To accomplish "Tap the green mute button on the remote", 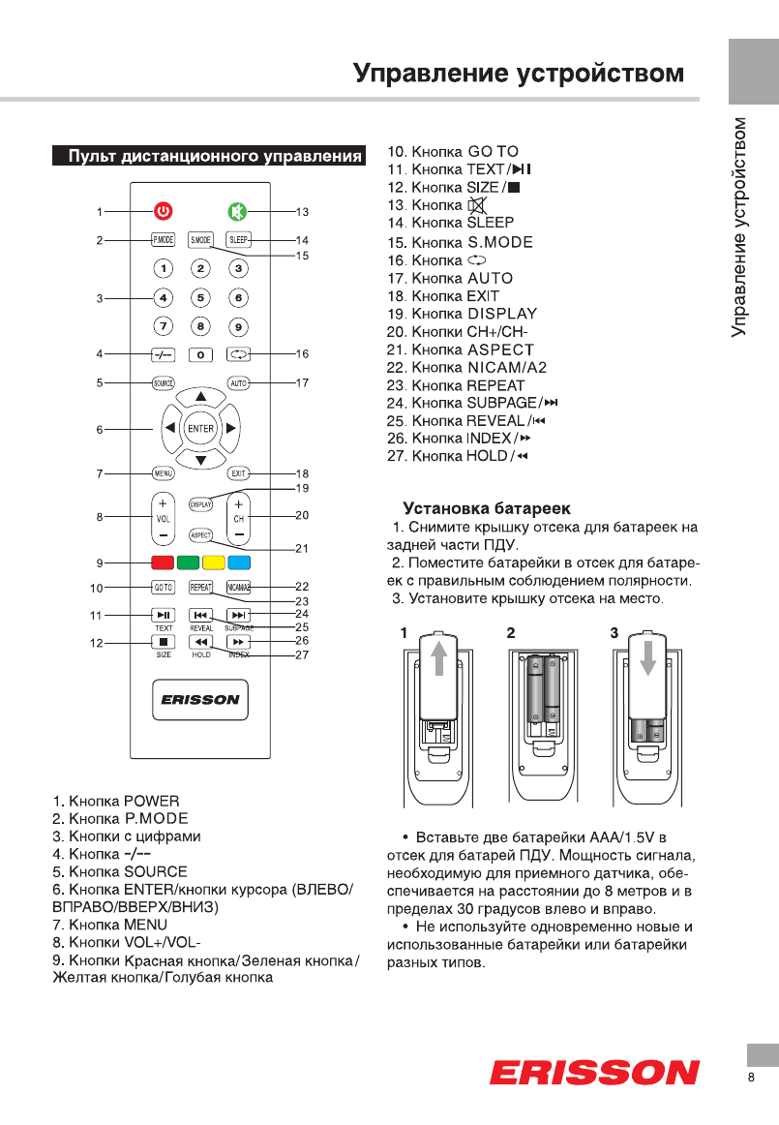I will (x=238, y=211).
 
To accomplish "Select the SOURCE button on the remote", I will (x=163, y=383).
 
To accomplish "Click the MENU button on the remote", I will (x=163, y=473).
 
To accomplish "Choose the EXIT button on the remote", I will (x=238, y=473).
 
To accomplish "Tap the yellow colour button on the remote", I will (x=213, y=562).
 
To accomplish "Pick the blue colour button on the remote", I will (x=239, y=562).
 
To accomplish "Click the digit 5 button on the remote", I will (x=200, y=298).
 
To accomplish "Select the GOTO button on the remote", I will (x=163, y=588).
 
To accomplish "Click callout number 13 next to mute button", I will (x=302, y=211).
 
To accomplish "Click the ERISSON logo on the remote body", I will (x=200, y=701).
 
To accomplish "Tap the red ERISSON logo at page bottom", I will (x=594, y=1073).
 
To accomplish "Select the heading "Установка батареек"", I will (x=487, y=508).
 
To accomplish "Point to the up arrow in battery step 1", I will (x=440, y=658).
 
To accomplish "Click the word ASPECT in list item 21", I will (x=500, y=350).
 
